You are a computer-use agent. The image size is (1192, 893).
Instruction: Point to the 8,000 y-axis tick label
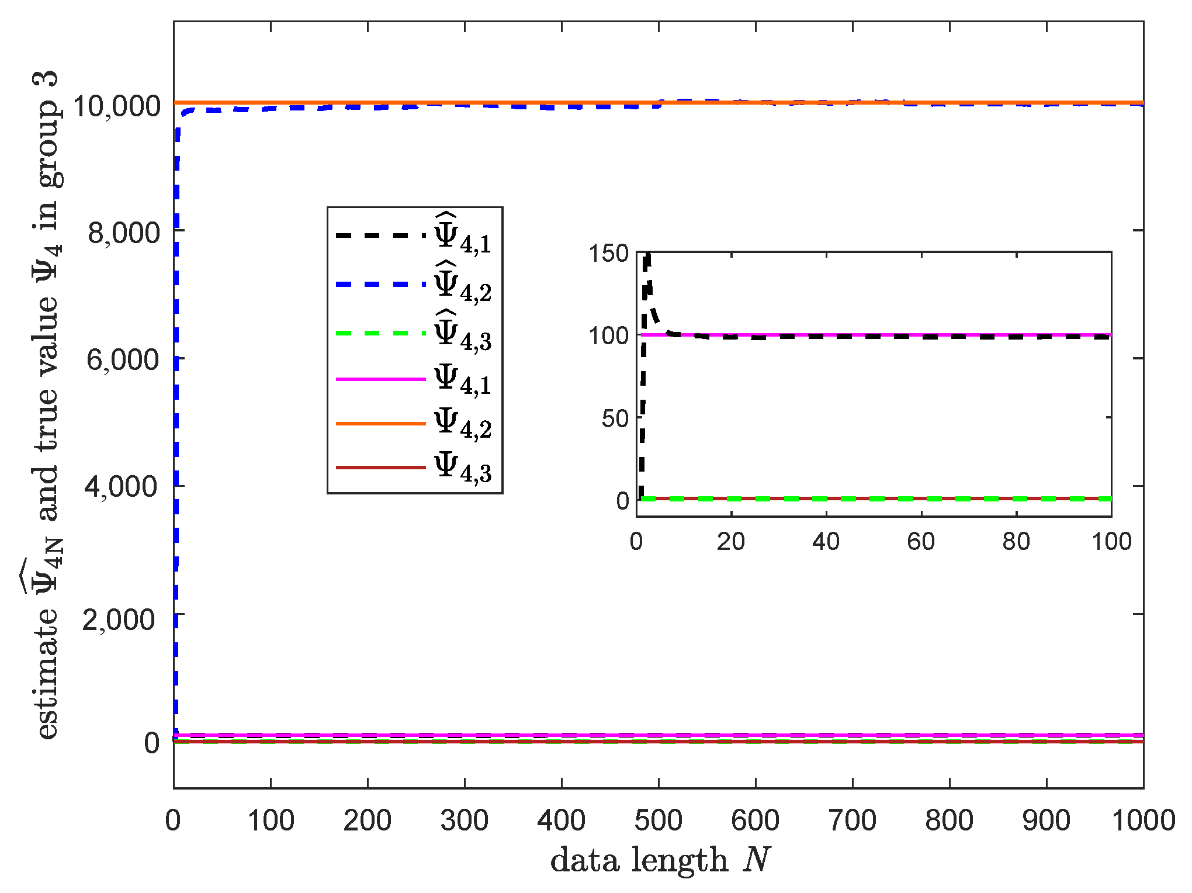tap(123, 233)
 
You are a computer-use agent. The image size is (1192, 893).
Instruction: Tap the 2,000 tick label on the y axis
tap(119, 619)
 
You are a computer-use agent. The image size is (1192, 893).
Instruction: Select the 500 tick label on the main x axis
tap(659, 821)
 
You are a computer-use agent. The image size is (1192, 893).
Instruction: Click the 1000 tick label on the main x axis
tap(1143, 821)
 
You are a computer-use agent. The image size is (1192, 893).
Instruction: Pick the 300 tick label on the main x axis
tap(465, 821)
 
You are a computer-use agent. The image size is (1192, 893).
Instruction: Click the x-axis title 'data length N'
tap(660, 860)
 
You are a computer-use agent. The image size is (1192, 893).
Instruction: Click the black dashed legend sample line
tap(380, 236)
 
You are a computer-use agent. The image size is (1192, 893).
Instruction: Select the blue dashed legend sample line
tap(380, 285)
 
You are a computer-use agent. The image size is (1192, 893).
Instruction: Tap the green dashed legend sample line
tap(380, 333)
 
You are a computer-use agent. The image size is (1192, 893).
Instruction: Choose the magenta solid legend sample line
tap(380, 379)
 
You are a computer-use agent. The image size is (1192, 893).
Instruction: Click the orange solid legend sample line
tap(380, 423)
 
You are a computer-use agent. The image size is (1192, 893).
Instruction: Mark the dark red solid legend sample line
tap(380, 468)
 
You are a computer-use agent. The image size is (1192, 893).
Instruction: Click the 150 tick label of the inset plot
tap(608, 254)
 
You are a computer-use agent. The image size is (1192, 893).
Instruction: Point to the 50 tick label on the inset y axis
tap(615, 418)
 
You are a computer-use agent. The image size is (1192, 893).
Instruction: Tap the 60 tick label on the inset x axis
tap(921, 542)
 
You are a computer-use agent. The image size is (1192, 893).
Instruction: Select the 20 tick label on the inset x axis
tap(731, 542)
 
